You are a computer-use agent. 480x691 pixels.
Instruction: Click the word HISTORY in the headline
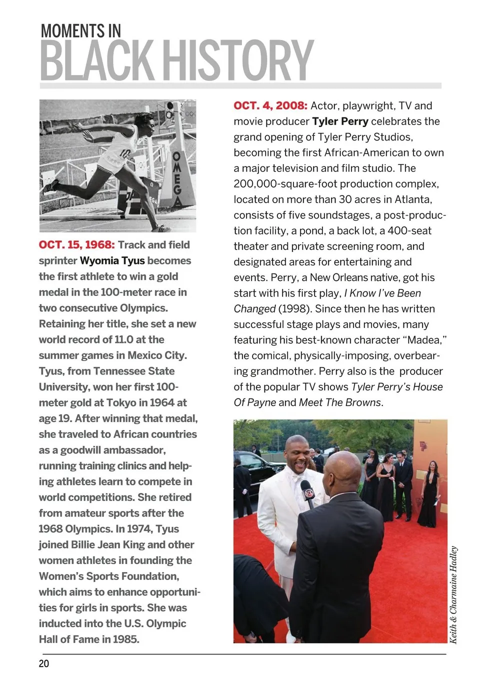[x=238, y=60]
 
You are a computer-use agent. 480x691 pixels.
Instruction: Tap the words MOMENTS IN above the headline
[x=80, y=31]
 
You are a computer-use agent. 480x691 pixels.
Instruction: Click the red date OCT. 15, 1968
[x=76, y=245]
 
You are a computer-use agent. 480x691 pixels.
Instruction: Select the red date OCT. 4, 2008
[x=270, y=105]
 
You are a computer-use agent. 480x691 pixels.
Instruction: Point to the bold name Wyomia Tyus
[x=112, y=260]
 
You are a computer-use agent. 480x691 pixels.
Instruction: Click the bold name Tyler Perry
[x=340, y=121]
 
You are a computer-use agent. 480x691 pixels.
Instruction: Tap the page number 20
[x=44, y=663]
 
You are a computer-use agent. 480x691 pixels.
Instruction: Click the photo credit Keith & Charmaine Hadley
[x=453, y=594]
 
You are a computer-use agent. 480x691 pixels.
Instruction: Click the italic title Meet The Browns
[x=339, y=402]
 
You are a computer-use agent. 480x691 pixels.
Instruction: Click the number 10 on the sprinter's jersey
[x=125, y=153]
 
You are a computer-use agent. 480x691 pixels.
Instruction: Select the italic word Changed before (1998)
[x=254, y=309]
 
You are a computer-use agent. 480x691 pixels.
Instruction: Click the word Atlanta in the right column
[x=413, y=199]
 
